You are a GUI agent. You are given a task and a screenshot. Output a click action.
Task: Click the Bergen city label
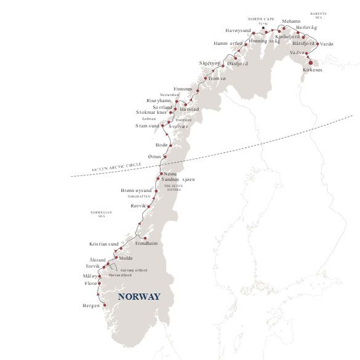90,306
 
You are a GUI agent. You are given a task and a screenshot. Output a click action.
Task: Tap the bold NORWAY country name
139,297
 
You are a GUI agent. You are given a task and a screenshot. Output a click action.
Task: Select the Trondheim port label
146,244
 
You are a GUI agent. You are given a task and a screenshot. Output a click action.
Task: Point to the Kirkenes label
312,70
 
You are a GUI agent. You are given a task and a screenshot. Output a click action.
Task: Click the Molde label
126,258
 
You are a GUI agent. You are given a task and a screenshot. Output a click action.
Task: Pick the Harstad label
190,109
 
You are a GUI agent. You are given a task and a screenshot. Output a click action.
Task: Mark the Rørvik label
140,206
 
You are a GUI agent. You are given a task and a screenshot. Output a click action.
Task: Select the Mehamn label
291,21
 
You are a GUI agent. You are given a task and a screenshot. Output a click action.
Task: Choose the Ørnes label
153,157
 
